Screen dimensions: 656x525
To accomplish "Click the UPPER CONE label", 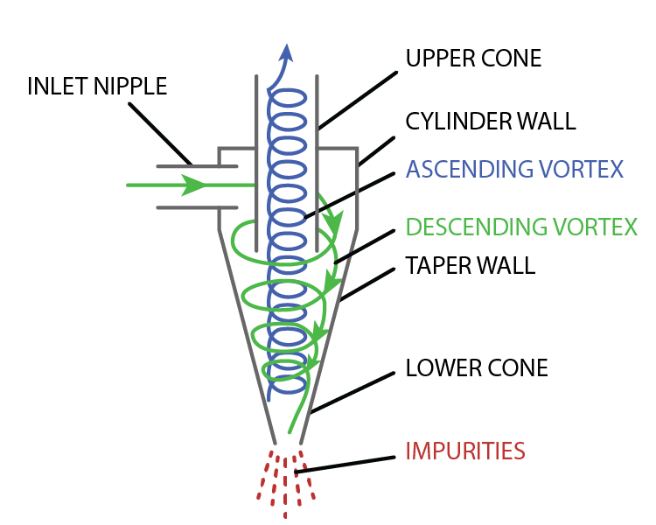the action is [x=473, y=59].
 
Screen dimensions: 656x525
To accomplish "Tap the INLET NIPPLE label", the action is [x=97, y=87].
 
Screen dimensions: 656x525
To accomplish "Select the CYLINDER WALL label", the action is [x=491, y=122].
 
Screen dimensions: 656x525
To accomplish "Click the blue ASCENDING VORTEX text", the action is [x=514, y=169].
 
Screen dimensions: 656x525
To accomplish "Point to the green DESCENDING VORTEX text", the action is [x=521, y=227].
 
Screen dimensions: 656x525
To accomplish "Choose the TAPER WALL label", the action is [x=471, y=265].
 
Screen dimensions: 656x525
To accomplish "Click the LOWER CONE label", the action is [x=477, y=368].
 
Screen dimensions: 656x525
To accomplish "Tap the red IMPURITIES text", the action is [x=465, y=451].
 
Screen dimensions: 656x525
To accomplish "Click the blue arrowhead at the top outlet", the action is [x=286, y=53].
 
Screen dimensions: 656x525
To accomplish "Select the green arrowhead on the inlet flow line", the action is [x=193, y=185].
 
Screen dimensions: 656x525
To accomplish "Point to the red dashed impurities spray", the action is [x=286, y=484].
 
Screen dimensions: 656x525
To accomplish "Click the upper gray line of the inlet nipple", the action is [x=197, y=166].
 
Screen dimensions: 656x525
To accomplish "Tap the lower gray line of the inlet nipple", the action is [x=197, y=207].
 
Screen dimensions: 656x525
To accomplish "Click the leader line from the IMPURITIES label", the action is [x=345, y=465].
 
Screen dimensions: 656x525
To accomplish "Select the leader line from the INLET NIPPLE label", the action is [x=160, y=134].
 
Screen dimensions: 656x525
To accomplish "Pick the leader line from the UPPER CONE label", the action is [x=358, y=100].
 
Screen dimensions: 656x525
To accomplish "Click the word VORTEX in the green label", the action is [x=595, y=227].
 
